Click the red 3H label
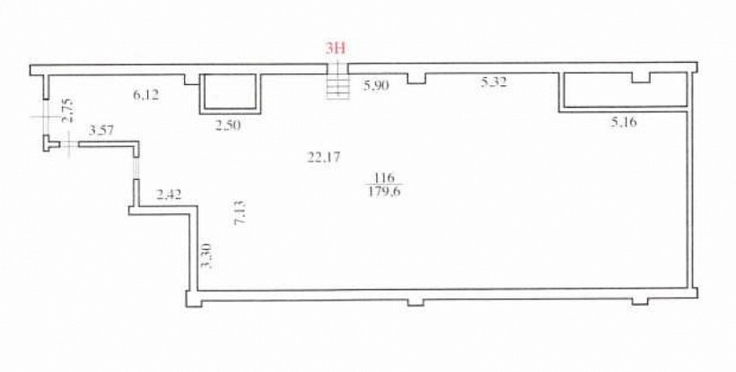click(x=336, y=48)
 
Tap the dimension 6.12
click(x=146, y=95)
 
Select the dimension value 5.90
click(x=376, y=85)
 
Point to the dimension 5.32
click(x=494, y=83)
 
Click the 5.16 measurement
click(x=624, y=123)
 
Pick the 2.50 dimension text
click(x=228, y=125)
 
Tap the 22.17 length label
click(x=323, y=158)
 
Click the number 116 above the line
click(x=384, y=177)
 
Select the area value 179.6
click(x=384, y=191)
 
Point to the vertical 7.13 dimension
click(x=240, y=212)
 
